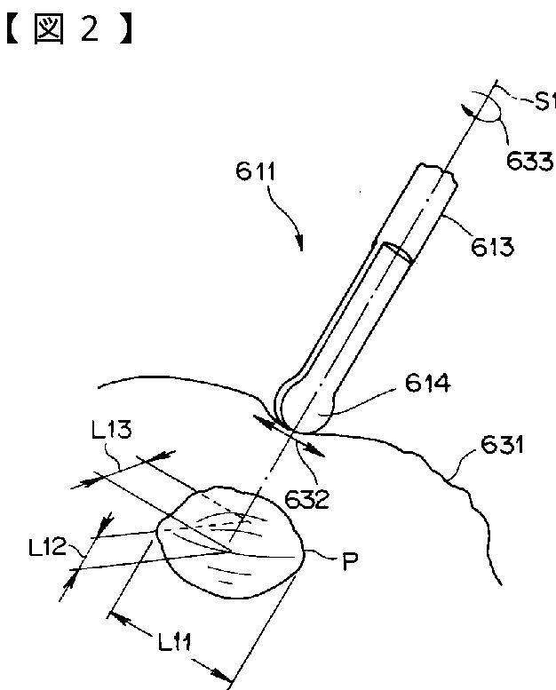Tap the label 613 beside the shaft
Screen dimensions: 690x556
pyautogui.click(x=492, y=247)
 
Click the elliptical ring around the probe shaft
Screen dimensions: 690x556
pyautogui.click(x=396, y=253)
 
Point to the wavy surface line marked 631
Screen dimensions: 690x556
pyautogui.click(x=426, y=471)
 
